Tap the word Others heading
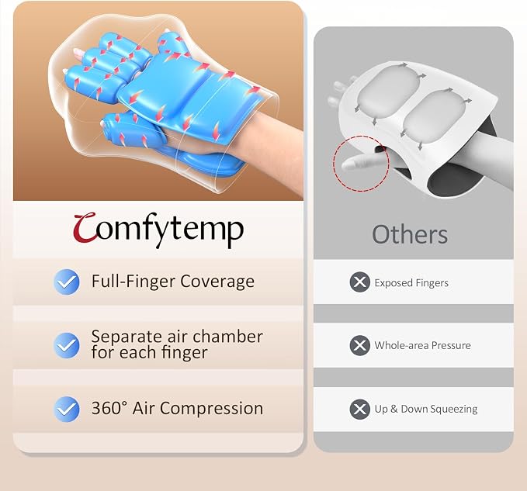click(410, 234)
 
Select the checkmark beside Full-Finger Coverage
click(67, 282)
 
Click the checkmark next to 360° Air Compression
click(67, 409)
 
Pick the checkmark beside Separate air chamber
click(67, 345)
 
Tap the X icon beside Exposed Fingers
click(359, 282)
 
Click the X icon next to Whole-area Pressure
click(359, 345)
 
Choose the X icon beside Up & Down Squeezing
click(359, 409)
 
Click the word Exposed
click(391, 283)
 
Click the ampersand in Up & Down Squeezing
click(394, 409)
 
